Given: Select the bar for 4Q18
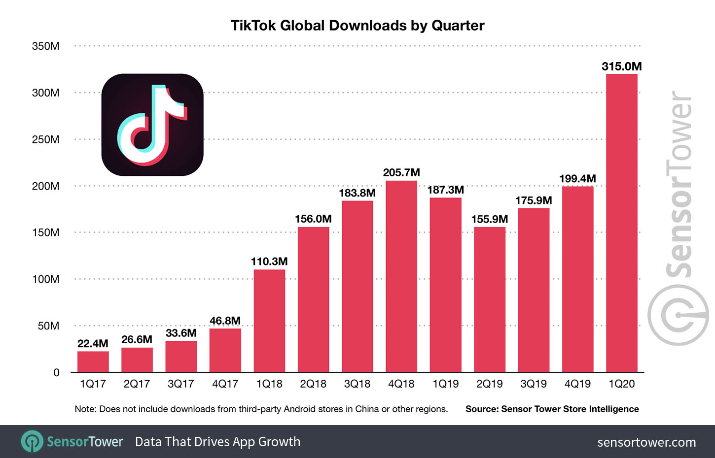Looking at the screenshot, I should click(x=401, y=276).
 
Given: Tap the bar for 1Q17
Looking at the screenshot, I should click(x=93, y=361).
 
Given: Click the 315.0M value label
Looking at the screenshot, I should click(x=621, y=66).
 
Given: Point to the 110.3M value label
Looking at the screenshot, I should click(x=269, y=262).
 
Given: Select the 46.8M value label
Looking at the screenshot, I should click(x=225, y=321).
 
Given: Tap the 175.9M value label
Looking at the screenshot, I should click(x=534, y=200).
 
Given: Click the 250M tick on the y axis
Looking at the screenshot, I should click(x=46, y=139).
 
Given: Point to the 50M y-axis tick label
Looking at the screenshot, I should click(x=48, y=326).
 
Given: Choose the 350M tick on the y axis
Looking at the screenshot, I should click(x=46, y=46).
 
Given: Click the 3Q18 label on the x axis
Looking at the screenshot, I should click(x=357, y=384).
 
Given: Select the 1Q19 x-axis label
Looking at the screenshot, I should click(x=445, y=384).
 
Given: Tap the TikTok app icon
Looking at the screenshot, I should click(x=152, y=125).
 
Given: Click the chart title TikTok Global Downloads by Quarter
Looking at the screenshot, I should click(x=357, y=26).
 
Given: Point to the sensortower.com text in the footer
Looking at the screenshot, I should click(x=646, y=442).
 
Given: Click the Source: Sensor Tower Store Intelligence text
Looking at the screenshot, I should click(x=552, y=409).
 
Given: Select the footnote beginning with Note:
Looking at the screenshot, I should click(x=261, y=409).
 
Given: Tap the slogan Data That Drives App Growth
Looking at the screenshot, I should click(x=217, y=442).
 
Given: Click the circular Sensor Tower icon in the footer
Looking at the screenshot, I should click(x=32, y=442).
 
